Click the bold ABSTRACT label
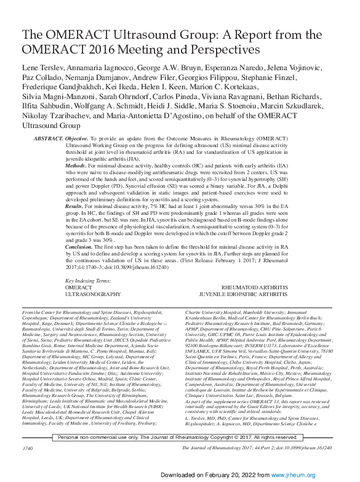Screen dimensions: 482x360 (48, 140)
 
